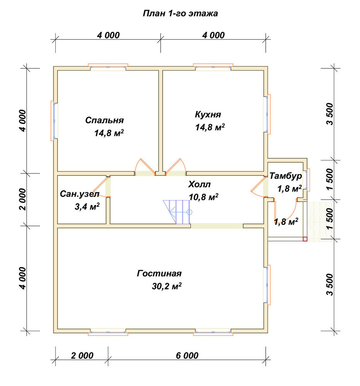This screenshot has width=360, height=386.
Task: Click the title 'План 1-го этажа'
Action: click(180, 13)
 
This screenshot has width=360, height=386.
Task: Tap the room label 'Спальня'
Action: click(104, 120)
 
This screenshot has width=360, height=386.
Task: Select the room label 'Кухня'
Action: click(208, 115)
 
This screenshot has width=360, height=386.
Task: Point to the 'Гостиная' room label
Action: click(159, 274)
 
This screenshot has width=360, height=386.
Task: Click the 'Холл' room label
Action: click(199, 185)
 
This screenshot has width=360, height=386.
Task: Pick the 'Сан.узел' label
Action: click(80, 194)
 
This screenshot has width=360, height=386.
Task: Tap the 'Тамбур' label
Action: click(285, 176)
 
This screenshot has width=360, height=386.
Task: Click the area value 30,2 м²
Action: click(166, 286)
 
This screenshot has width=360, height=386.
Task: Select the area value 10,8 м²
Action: click(204, 197)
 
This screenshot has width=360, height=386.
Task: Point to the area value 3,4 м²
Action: click(87, 207)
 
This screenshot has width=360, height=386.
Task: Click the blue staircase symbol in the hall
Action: click(177, 212)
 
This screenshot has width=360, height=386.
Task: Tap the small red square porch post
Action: click(305, 239)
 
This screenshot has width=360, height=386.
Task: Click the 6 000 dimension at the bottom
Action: click(187, 356)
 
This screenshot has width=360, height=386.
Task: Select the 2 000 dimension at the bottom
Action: click(82, 356)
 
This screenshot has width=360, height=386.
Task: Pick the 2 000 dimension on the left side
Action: click(23, 199)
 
